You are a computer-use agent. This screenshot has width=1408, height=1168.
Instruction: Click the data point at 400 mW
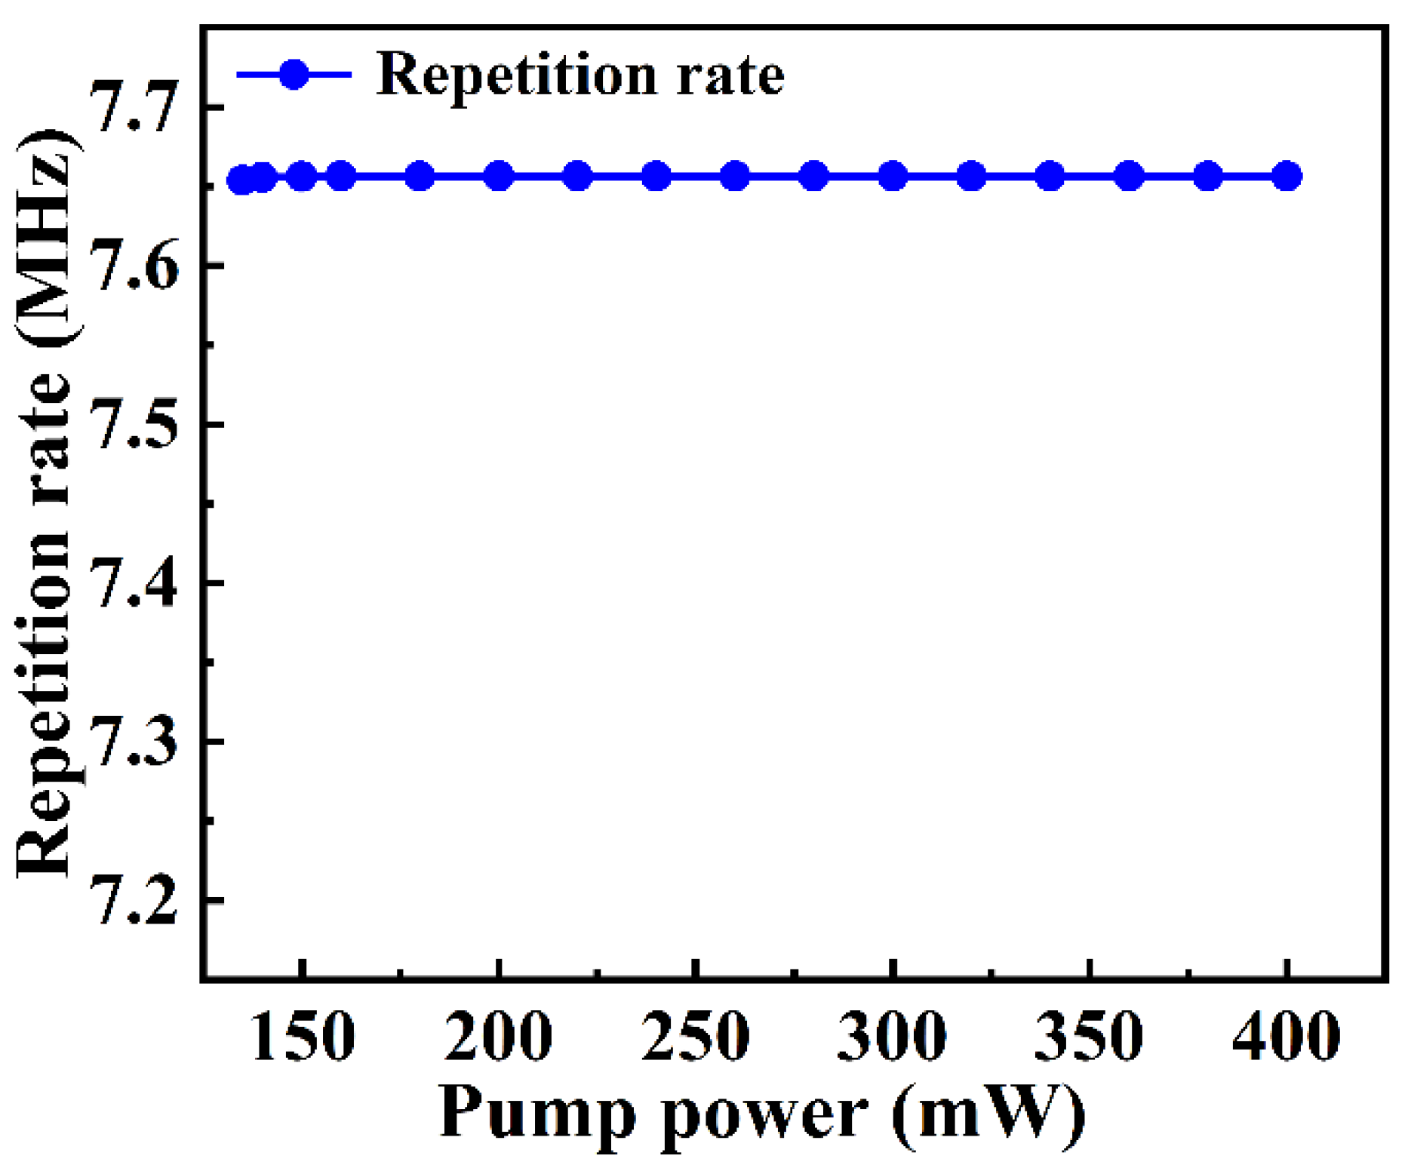(1287, 177)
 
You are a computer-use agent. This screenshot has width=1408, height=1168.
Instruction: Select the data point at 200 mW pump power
(499, 177)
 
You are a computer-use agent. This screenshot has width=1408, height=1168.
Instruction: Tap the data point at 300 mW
(893, 177)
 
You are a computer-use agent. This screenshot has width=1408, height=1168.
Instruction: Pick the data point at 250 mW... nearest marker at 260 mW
(735, 177)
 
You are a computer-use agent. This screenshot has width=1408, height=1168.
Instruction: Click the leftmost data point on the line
(241, 180)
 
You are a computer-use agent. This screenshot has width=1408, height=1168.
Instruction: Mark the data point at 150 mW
(302, 177)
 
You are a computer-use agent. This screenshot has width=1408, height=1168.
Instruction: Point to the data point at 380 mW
(1208, 177)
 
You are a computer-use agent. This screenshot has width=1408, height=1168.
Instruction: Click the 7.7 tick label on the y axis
(134, 108)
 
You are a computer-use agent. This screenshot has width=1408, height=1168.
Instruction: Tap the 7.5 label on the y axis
(134, 425)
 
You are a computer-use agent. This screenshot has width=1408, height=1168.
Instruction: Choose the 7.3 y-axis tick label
(134, 742)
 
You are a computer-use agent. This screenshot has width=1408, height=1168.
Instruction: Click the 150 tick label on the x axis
(302, 1037)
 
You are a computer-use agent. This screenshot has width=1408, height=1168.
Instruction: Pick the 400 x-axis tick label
(1287, 1037)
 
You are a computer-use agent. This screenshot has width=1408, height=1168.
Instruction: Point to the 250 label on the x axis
(696, 1037)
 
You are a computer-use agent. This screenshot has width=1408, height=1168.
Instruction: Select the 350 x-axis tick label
(1090, 1037)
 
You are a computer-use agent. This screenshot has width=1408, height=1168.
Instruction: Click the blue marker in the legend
(294, 74)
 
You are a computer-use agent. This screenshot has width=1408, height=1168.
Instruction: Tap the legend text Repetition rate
(579, 75)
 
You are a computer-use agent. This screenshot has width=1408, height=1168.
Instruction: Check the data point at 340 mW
(1050, 177)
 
